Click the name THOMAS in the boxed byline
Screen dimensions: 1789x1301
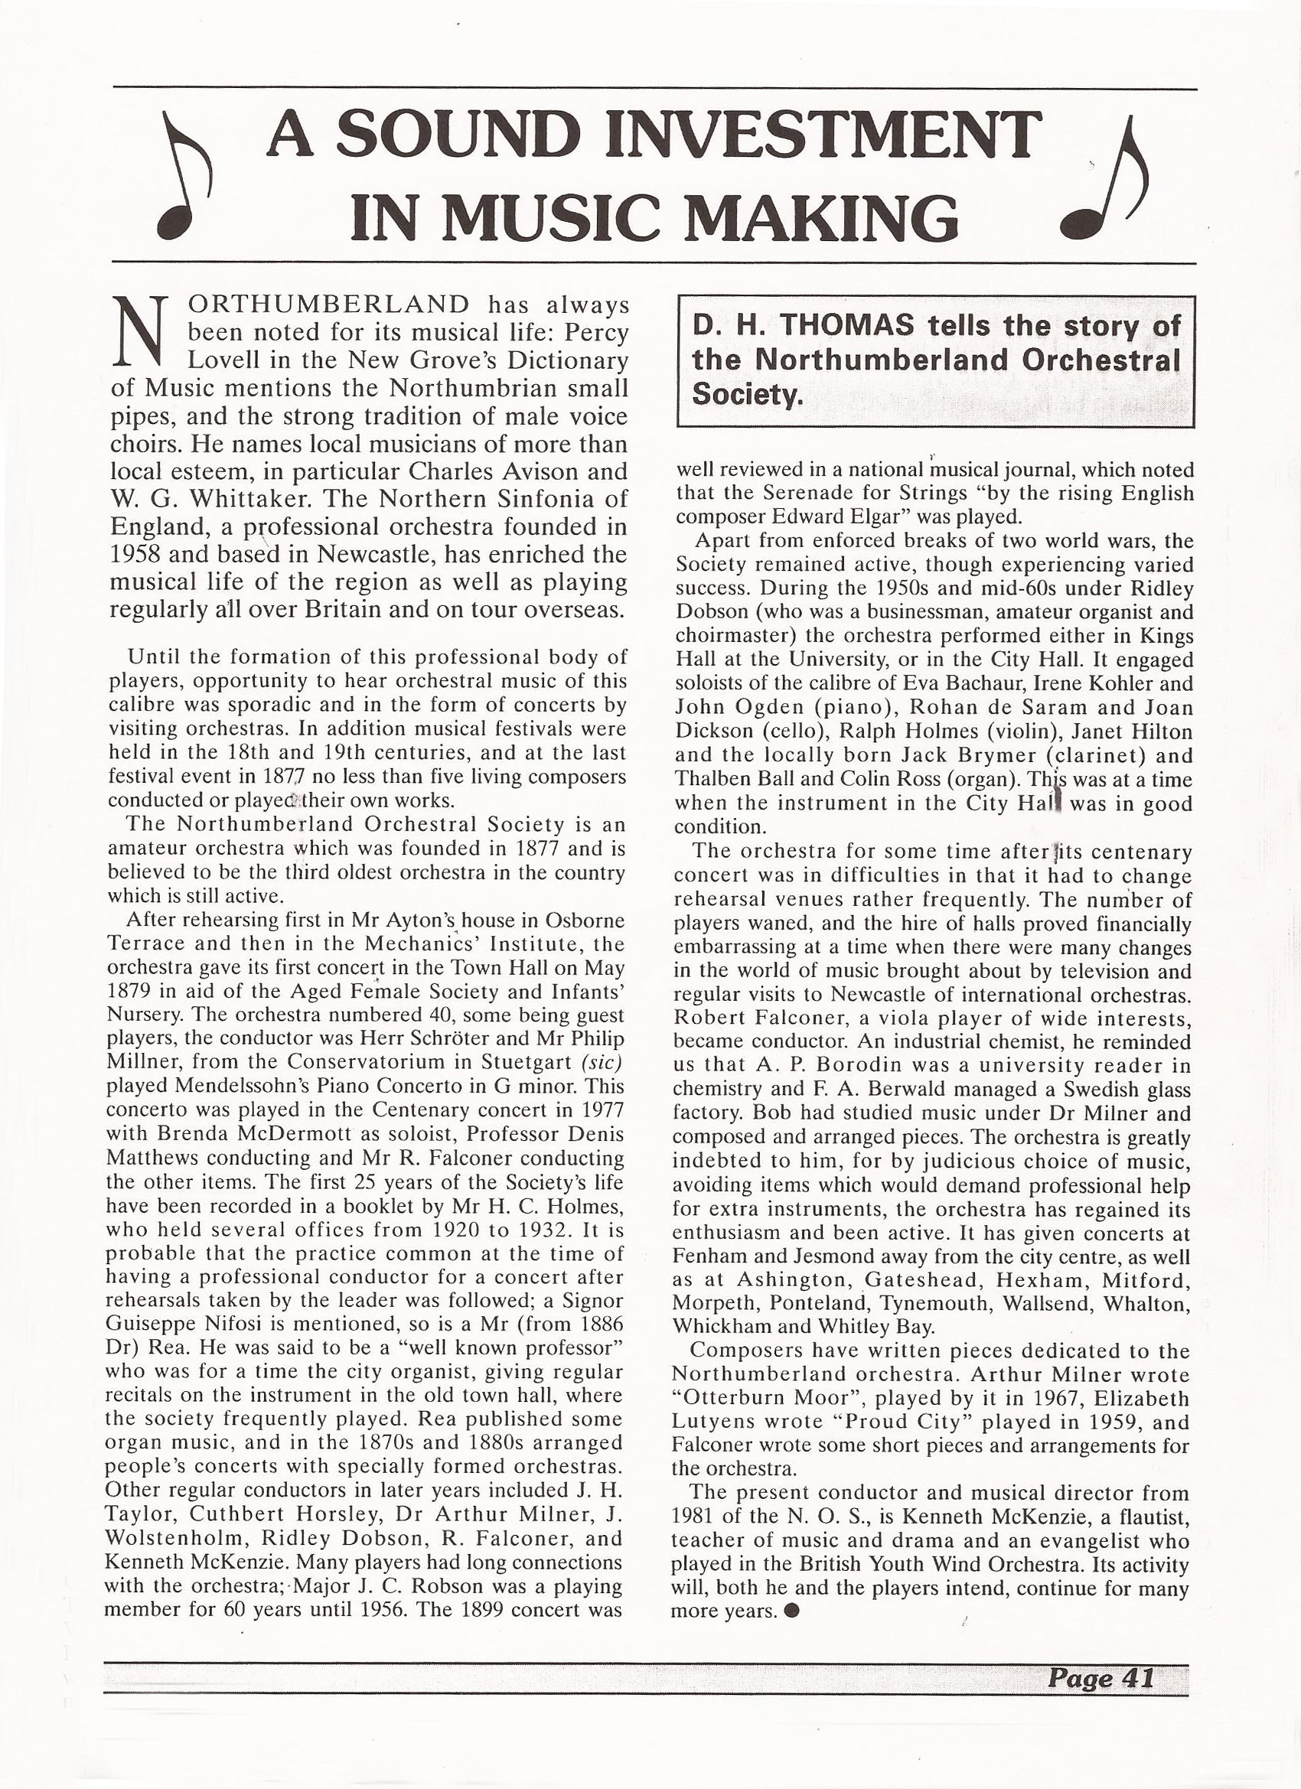(x=838, y=325)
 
